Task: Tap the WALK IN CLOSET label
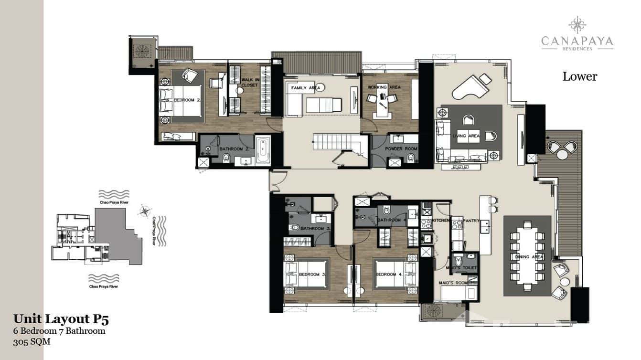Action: (x=249, y=83)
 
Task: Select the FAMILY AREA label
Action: (x=305, y=88)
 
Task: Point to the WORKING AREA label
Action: (x=384, y=88)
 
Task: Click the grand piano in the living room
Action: (x=470, y=86)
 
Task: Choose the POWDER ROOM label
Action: (x=402, y=149)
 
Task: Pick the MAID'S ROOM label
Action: (x=453, y=283)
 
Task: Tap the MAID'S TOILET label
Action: (x=464, y=268)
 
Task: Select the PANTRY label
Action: (x=471, y=221)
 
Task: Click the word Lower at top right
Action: (x=579, y=76)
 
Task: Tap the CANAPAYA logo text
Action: (x=577, y=42)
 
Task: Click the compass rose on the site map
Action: (x=144, y=210)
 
